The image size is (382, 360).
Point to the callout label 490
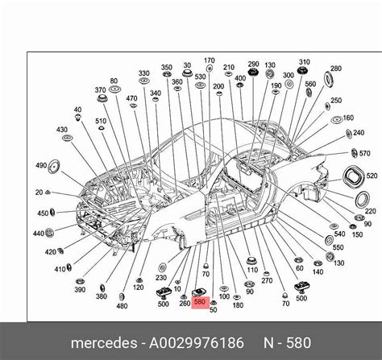(x=40, y=165)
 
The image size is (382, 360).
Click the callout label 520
(x=372, y=175)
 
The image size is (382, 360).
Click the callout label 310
(x=304, y=62)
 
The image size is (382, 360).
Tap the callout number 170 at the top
(x=209, y=60)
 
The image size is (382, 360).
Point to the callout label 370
(x=101, y=90)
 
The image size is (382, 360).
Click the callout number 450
(x=43, y=213)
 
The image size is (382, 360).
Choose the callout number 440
(x=38, y=233)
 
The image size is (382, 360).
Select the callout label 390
(x=80, y=289)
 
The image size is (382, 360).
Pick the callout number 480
(x=122, y=306)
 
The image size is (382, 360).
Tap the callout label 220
(x=370, y=211)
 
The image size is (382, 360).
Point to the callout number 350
(x=167, y=68)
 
